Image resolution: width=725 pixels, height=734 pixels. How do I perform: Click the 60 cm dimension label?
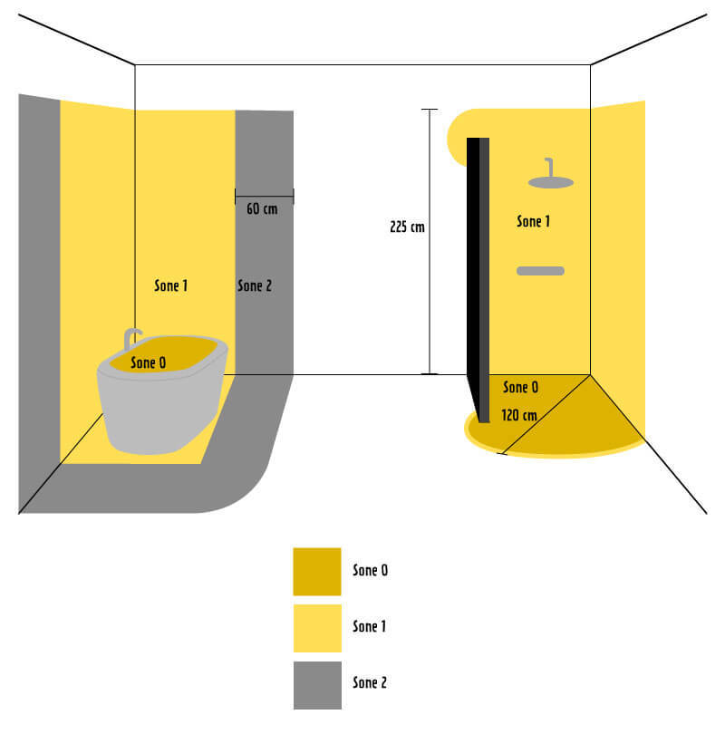(x=262, y=208)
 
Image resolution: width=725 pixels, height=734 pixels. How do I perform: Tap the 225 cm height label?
(x=407, y=227)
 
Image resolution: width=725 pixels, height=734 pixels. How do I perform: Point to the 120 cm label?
(x=519, y=415)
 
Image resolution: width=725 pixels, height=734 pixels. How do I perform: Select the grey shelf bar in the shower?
(x=541, y=271)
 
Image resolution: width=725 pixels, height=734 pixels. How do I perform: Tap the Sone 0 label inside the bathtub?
(x=148, y=362)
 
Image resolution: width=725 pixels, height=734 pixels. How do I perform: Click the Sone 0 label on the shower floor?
(x=520, y=387)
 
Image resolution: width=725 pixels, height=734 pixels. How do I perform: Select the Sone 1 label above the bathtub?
(x=171, y=285)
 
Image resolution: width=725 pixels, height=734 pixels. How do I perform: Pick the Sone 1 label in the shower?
(x=533, y=221)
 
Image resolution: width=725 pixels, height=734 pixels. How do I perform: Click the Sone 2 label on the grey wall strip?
(x=255, y=285)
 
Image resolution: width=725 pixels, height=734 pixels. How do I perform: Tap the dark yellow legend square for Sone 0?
(x=317, y=572)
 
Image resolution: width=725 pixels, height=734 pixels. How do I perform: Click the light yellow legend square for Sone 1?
(x=317, y=628)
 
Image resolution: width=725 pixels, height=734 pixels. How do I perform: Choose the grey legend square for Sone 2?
(x=317, y=685)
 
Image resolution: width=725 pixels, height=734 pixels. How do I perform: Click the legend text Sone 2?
(x=370, y=682)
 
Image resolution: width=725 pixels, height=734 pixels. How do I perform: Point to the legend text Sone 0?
(x=371, y=570)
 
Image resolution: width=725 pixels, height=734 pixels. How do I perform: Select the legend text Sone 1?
(x=369, y=626)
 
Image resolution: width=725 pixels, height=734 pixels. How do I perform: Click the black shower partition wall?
(x=478, y=280)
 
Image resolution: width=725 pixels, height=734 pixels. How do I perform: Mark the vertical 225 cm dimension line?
(x=430, y=242)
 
